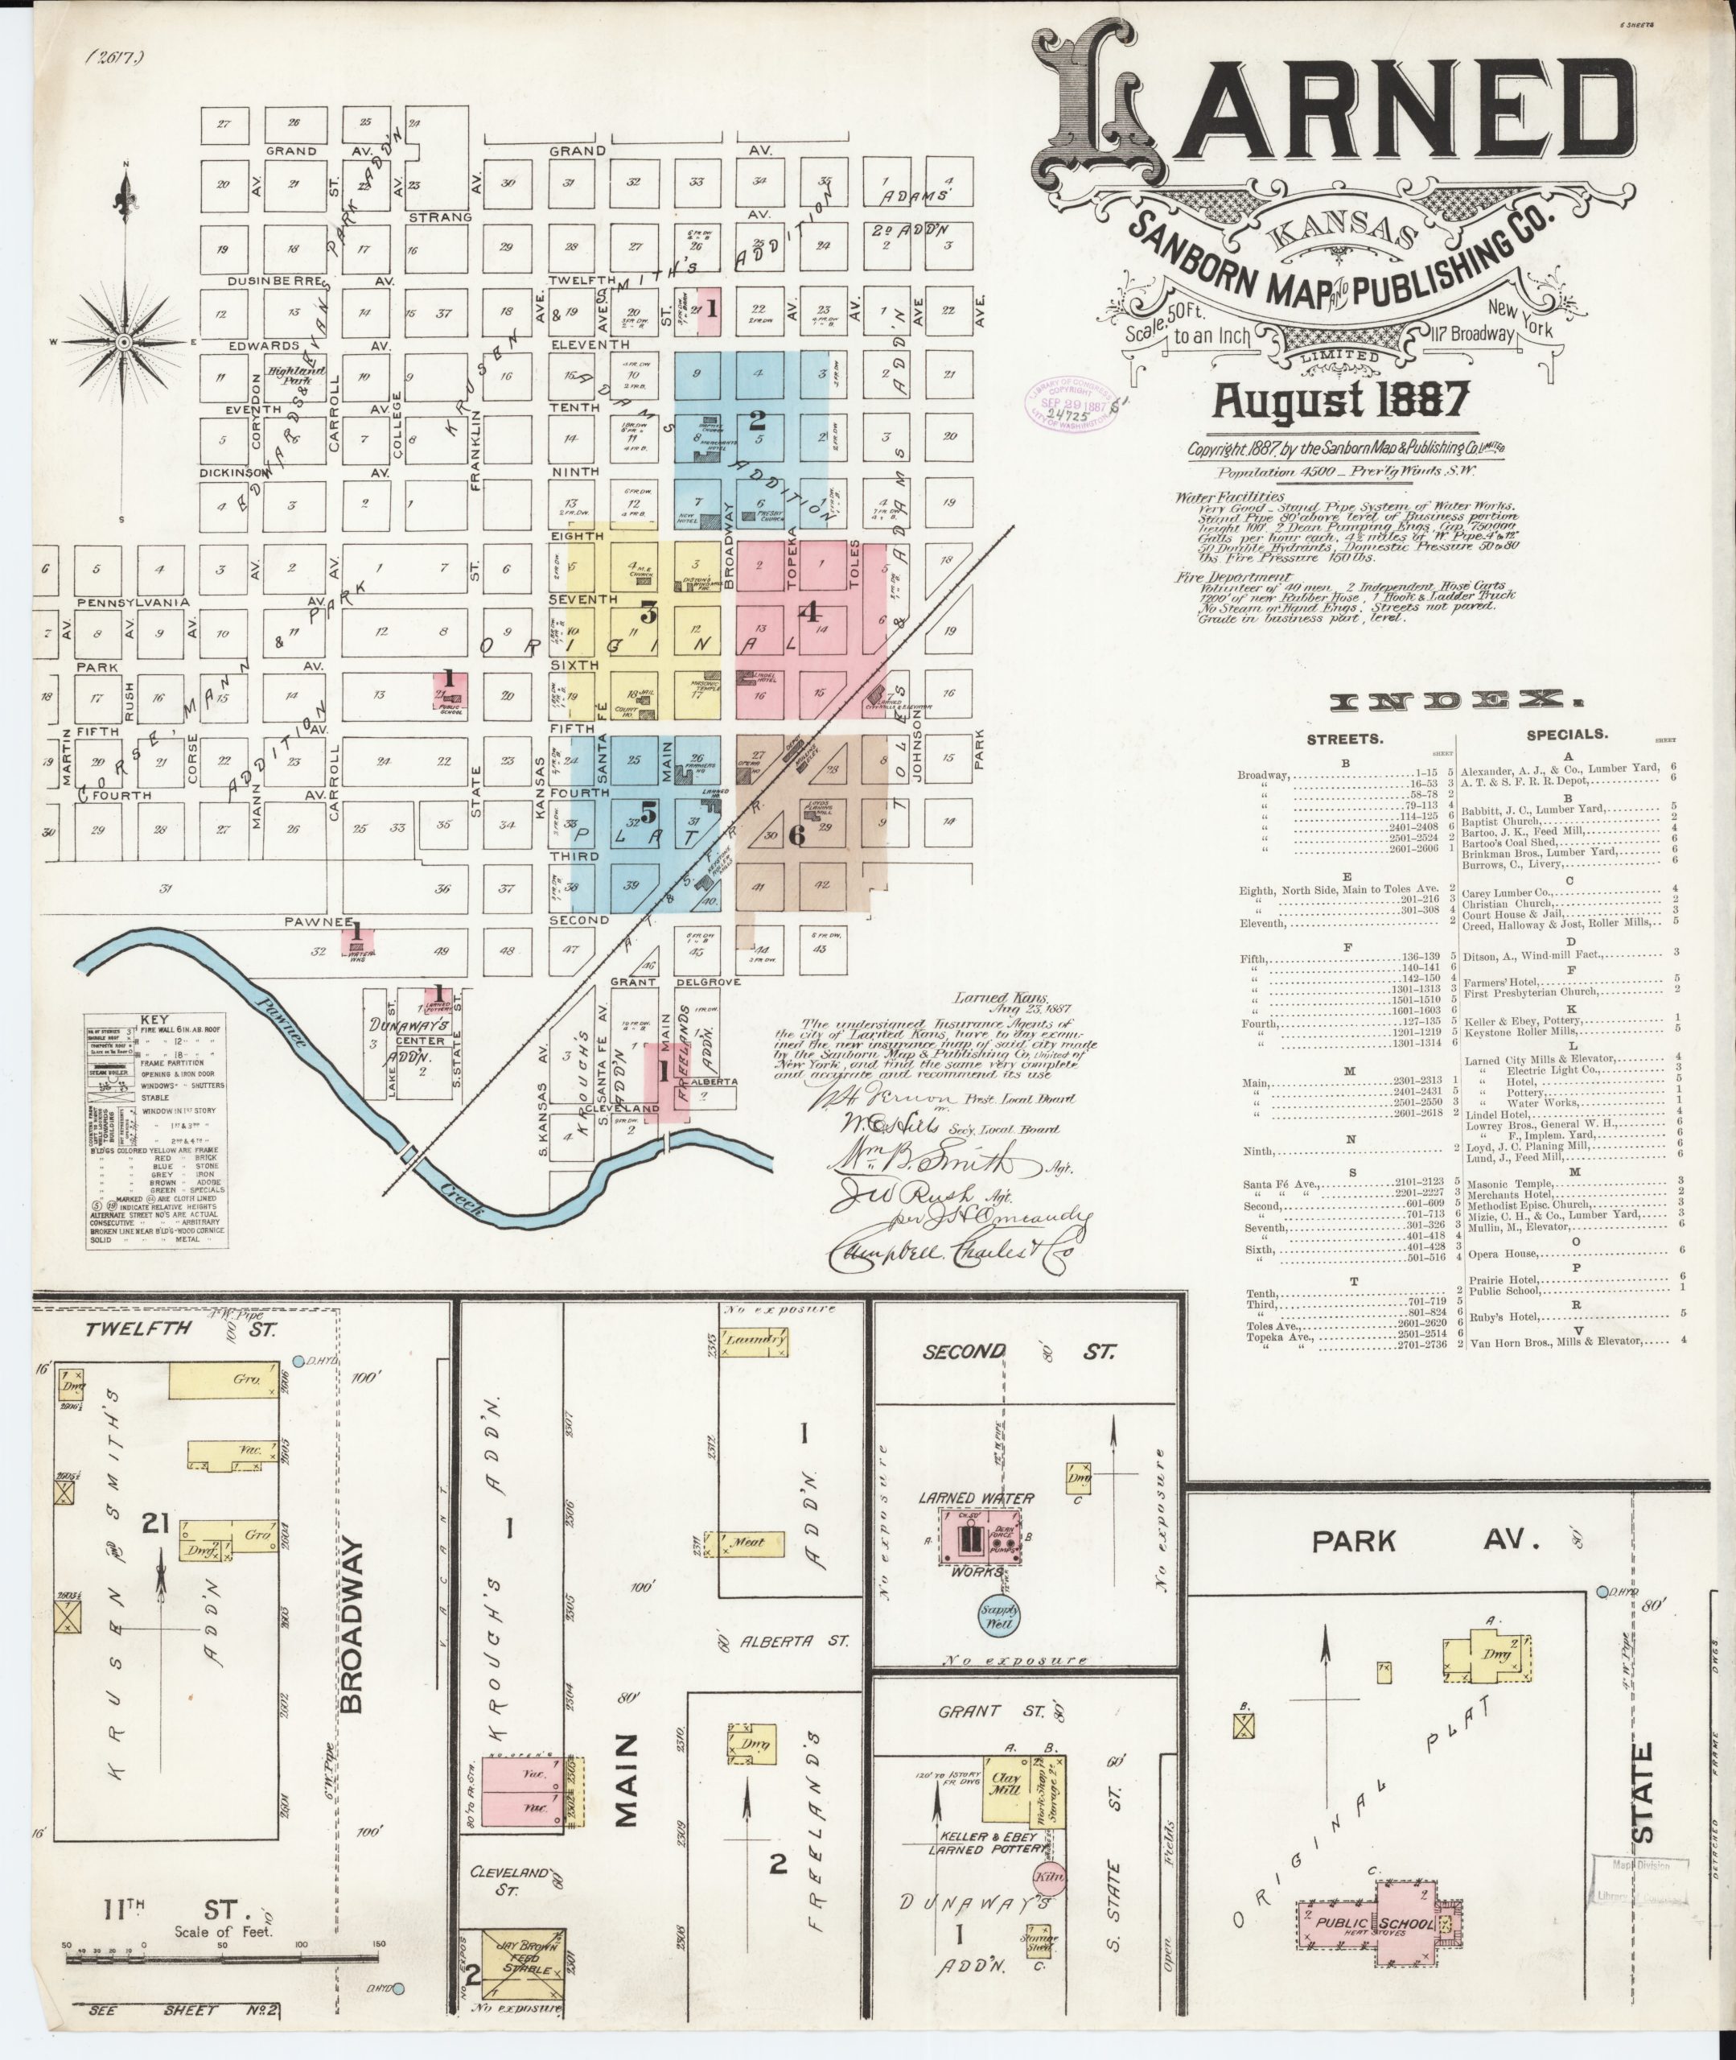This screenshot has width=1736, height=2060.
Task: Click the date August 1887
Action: (x=1340, y=400)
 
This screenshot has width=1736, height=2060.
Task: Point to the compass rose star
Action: (x=125, y=341)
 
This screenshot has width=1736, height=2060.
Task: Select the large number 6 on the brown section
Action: (x=797, y=834)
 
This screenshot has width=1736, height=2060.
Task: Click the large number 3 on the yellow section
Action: (x=648, y=612)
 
